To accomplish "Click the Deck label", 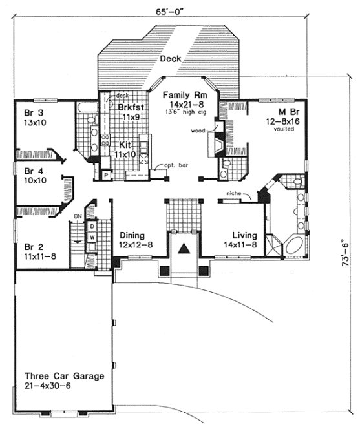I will pyautogui.click(x=171, y=59).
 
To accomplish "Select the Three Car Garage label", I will pyautogui.click(x=63, y=375).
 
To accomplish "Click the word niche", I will pyautogui.click(x=234, y=193).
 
